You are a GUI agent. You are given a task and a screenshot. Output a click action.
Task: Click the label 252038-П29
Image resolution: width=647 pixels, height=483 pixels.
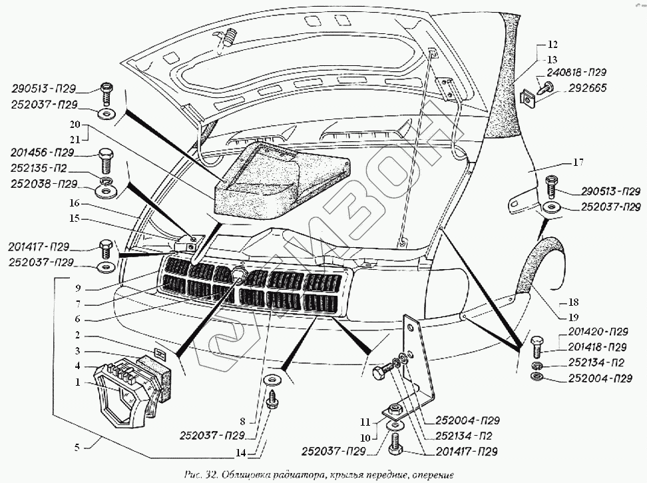[44, 184]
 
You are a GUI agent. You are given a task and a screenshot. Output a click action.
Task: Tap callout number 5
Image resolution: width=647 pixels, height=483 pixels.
[79, 448]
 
